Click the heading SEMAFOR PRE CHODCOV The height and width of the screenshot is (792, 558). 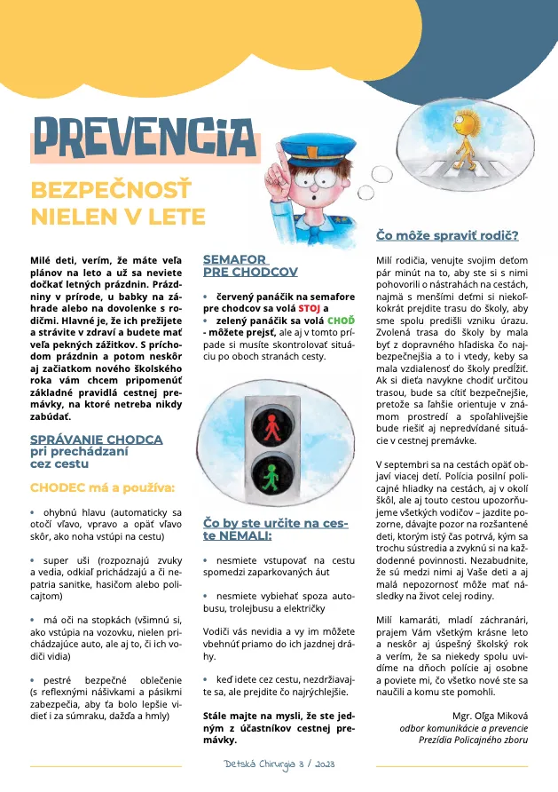pyautogui.click(x=250, y=265)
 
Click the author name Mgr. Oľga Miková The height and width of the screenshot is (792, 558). pyautogui.click(x=489, y=714)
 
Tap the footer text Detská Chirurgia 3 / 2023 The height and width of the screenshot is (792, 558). pyautogui.click(x=279, y=764)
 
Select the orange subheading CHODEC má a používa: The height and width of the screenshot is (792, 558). pyautogui.click(x=103, y=487)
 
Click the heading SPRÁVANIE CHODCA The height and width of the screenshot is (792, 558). pyautogui.click(x=96, y=439)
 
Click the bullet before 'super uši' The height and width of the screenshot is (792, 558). pyautogui.click(x=33, y=561)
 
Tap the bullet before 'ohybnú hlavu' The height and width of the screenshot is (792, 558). pyautogui.click(x=33, y=512)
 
